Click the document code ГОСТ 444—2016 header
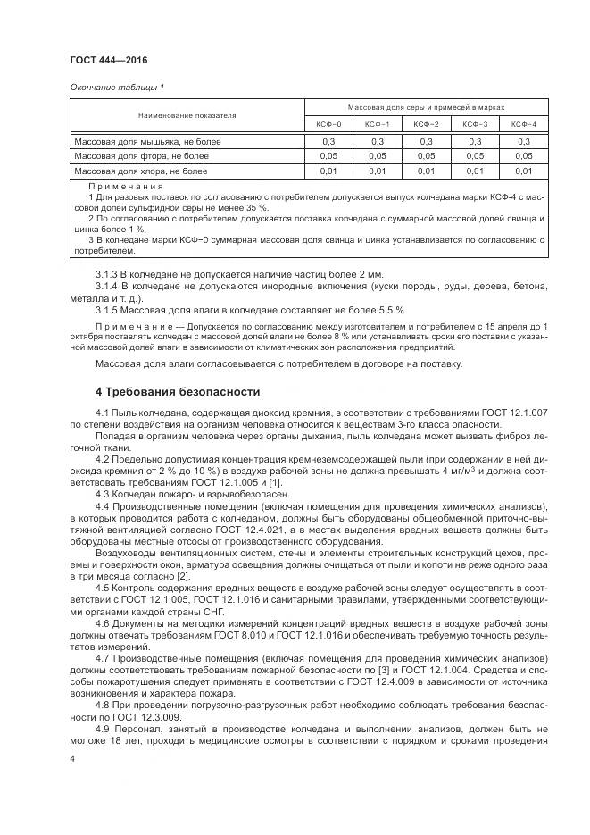click(x=108, y=61)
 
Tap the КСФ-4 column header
click(x=523, y=123)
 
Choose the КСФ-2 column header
click(x=426, y=123)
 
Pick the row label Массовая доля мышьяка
click(x=147, y=142)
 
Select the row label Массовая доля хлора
click(x=140, y=171)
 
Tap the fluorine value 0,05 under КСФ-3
click(x=475, y=156)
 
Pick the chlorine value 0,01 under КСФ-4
click(x=523, y=171)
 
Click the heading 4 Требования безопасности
click(x=178, y=391)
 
